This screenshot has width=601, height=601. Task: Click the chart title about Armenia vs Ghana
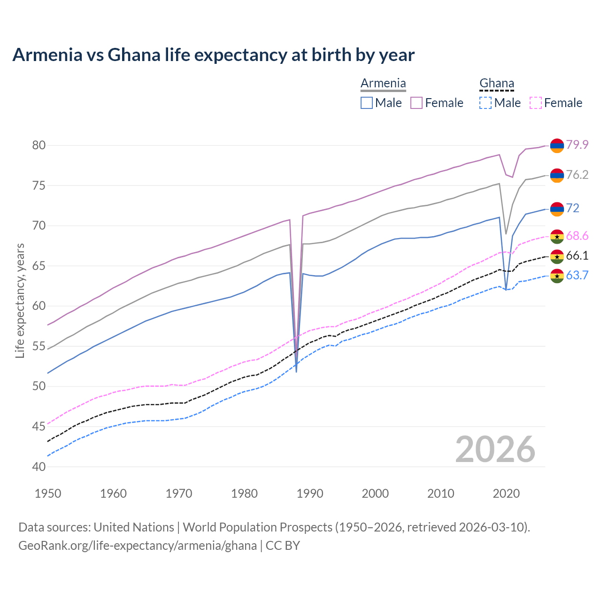pos(213,55)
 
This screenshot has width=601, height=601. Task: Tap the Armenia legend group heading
pos(383,84)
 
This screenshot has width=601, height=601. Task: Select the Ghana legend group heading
pos(497,84)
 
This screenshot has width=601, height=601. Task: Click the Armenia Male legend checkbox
pos(367,103)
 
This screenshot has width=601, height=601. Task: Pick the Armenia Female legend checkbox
pos(416,103)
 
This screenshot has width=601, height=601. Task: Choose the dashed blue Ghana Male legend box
pos(485,103)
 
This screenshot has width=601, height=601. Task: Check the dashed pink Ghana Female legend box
pos(536,103)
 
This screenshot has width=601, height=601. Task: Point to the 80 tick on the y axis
pos(39,146)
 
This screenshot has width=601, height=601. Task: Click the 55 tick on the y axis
pos(39,347)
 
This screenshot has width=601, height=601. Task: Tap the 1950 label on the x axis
pos(48,493)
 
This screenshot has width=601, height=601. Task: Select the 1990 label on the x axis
pos(310,493)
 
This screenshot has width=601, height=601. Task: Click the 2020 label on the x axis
pos(506,493)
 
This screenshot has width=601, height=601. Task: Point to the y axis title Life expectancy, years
pos(20,300)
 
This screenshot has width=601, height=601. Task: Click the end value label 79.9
pos(577,145)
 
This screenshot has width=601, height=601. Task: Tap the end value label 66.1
pos(577,256)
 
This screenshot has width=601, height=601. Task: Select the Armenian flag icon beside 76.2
pos(557,175)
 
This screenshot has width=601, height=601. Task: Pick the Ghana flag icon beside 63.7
pos(557,276)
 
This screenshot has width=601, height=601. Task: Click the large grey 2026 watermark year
pos(495,449)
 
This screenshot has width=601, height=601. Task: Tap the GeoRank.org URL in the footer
pos(138,546)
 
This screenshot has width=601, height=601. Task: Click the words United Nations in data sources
pos(134,527)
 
